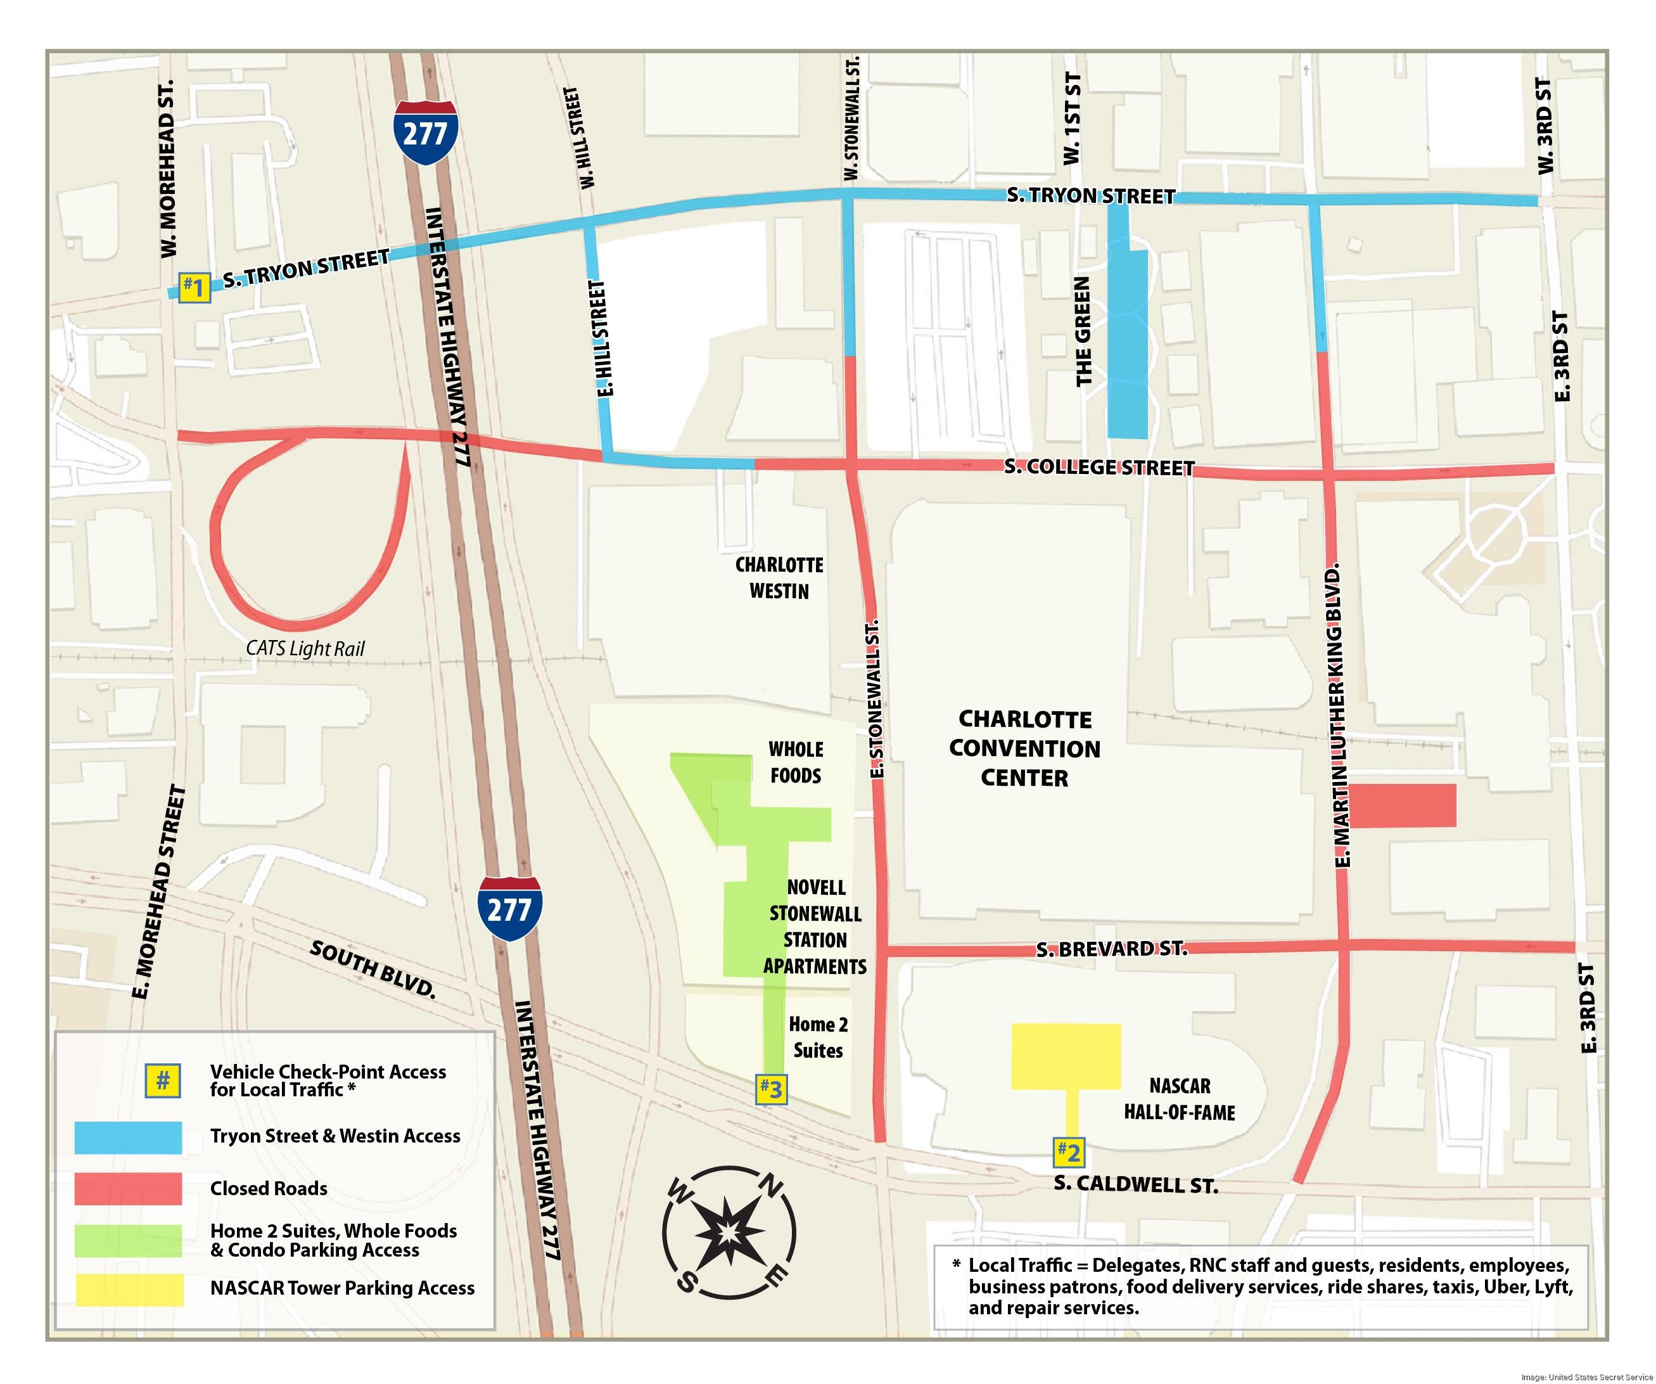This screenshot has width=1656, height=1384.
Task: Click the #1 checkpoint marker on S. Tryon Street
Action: tap(193, 286)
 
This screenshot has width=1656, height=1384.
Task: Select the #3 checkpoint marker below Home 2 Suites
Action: tap(771, 1089)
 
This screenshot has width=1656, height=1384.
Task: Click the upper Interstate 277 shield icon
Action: tap(426, 132)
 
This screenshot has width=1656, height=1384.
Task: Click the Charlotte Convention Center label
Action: tap(1024, 748)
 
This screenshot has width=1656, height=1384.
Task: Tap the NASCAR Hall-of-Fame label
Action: tap(1179, 1099)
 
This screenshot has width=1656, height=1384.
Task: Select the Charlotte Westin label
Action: tap(779, 578)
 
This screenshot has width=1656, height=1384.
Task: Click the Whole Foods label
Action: tap(796, 762)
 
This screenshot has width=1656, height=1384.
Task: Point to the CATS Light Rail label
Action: tap(305, 648)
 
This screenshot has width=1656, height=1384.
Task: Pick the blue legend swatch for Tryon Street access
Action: tap(128, 1137)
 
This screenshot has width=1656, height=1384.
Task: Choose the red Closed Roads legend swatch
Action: tap(128, 1188)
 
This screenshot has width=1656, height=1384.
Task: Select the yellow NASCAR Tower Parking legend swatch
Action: tap(128, 1290)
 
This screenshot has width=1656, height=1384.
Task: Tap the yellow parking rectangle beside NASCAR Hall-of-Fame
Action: tap(1066, 1056)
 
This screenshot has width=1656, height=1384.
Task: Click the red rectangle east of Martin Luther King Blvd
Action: tap(1404, 805)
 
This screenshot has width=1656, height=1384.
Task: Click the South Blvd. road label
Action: tap(373, 968)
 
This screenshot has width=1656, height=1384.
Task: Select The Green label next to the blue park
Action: tap(1083, 331)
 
